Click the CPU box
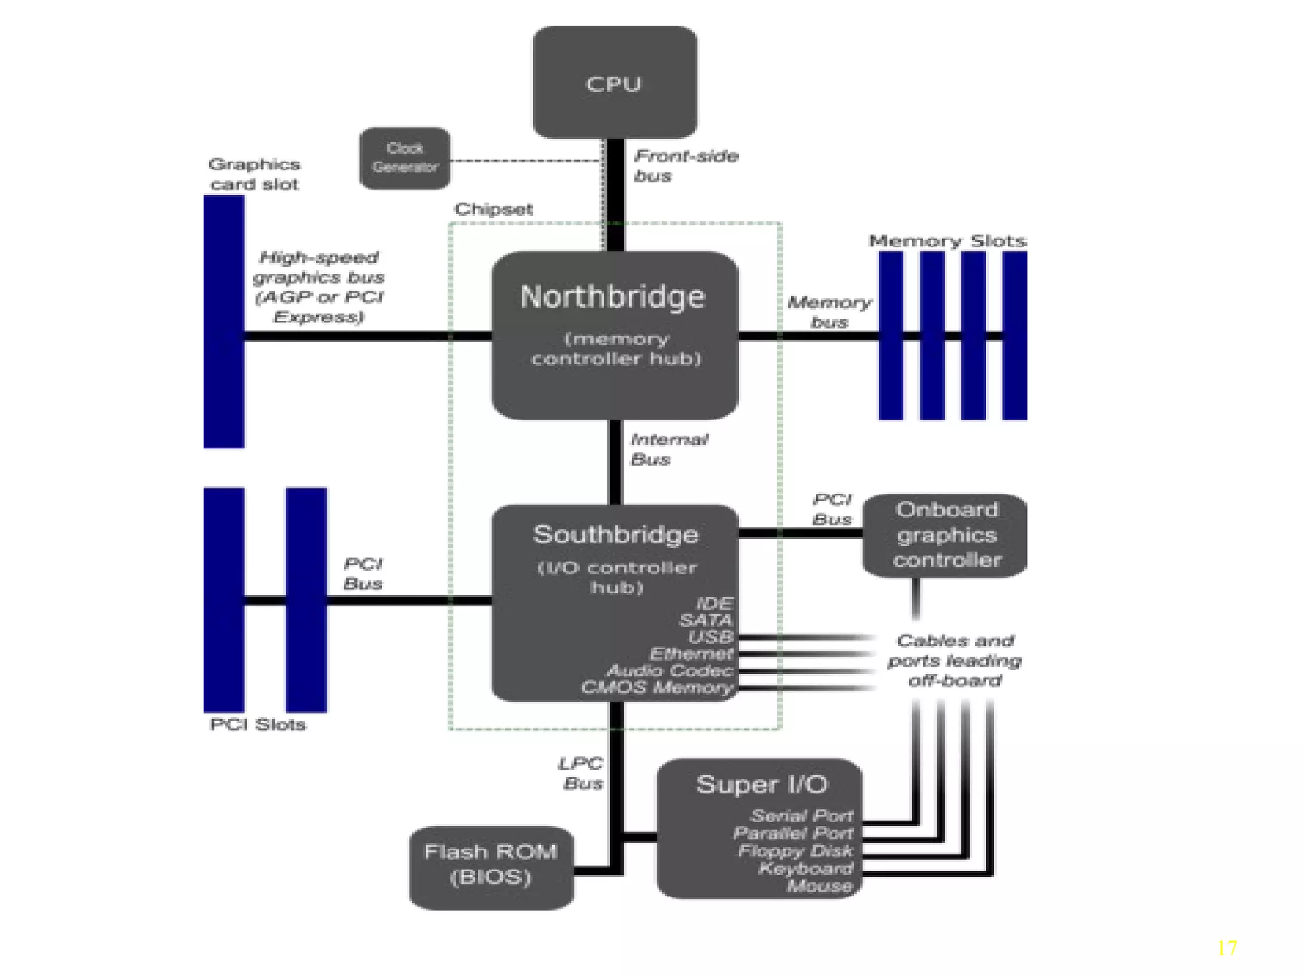click(x=615, y=83)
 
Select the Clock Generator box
click(x=405, y=158)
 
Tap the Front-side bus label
click(x=685, y=165)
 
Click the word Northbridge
click(x=613, y=297)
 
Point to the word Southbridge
click(x=615, y=534)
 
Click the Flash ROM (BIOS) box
click(x=491, y=867)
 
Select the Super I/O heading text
click(x=762, y=784)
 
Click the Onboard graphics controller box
click(x=945, y=535)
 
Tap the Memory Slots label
click(x=947, y=241)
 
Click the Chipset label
click(x=493, y=209)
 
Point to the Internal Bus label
click(x=668, y=449)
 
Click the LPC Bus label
click(x=581, y=773)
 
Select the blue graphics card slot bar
click(x=224, y=322)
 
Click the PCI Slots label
click(x=258, y=724)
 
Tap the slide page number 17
click(x=1227, y=948)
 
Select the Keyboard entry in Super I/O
click(x=805, y=868)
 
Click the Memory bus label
click(x=828, y=312)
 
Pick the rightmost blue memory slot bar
click(x=1014, y=336)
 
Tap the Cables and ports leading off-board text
click(x=954, y=660)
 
